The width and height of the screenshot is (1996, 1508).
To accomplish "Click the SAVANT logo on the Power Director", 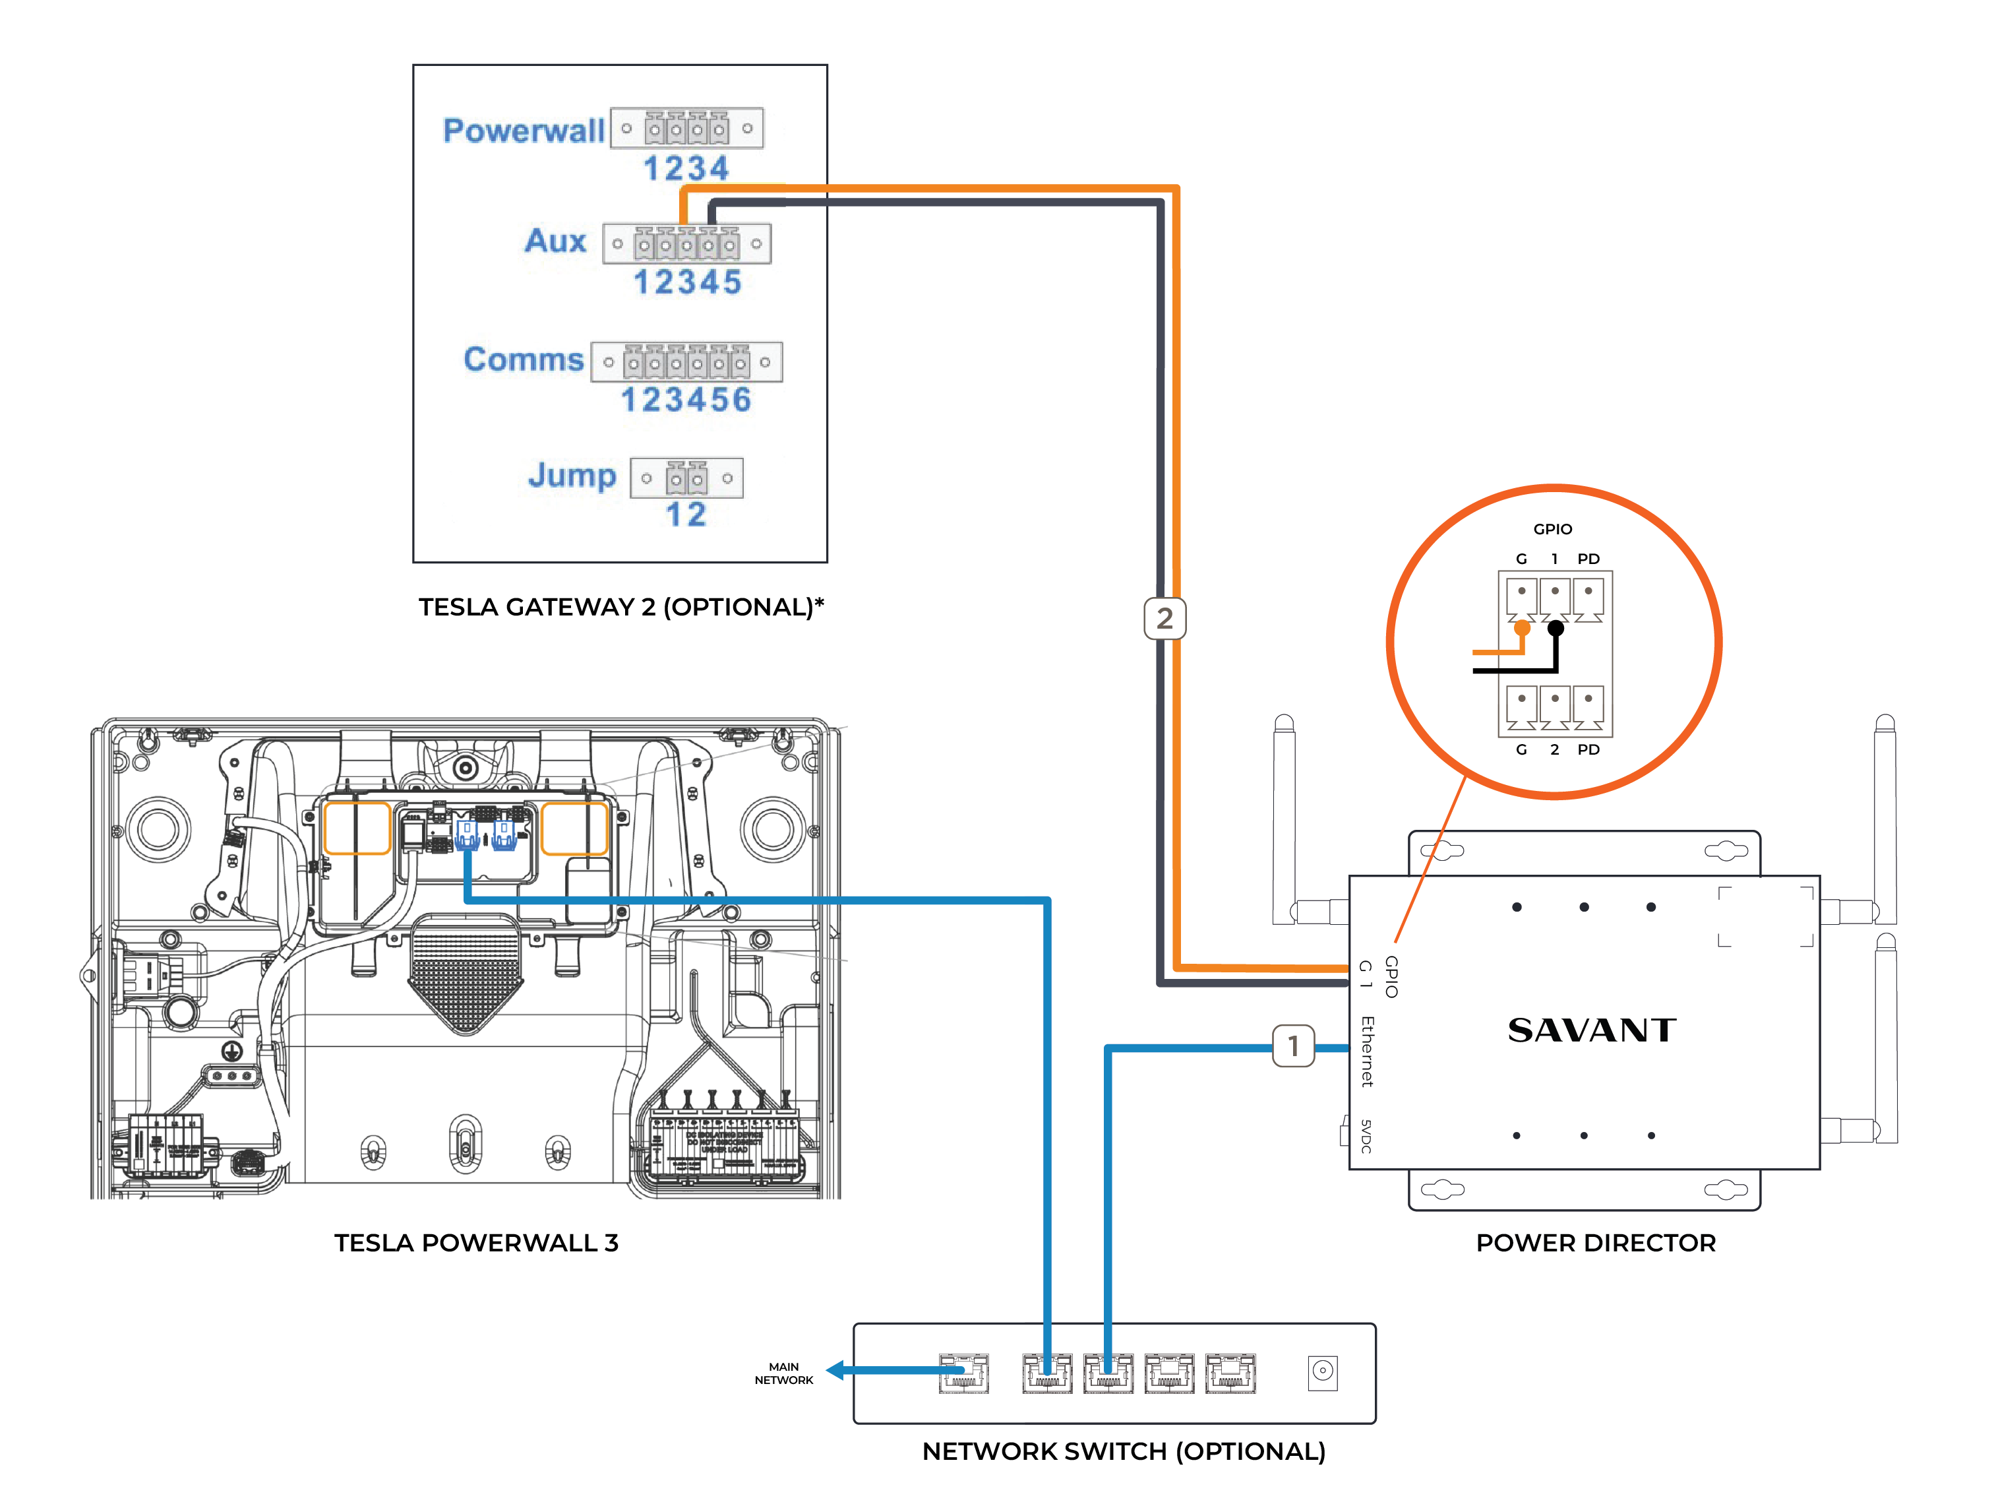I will pos(1592,1030).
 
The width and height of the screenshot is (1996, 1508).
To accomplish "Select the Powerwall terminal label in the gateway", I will pos(524,131).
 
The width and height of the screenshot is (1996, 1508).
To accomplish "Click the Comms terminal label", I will pos(524,359).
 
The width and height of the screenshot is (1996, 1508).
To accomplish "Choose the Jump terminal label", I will pos(572,475).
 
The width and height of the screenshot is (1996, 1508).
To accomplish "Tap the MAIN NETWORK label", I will pos(783,1373).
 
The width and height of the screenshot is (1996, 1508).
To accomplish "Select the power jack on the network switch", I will pos(1322,1371).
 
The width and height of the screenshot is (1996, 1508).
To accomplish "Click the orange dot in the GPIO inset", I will pos(1523,627).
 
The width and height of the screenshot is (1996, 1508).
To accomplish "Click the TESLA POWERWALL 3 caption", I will pos(477,1243).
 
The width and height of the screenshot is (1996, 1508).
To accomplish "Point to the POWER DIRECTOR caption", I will pos(1595,1243).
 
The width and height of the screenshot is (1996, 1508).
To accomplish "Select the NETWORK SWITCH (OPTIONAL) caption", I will pos(1124,1451).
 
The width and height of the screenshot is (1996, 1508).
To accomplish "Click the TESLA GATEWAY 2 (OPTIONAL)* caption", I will pos(620,606).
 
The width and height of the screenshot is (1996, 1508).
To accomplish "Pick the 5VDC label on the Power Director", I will pos(1366,1135).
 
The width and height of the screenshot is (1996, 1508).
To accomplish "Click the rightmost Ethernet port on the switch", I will pos(1230,1373).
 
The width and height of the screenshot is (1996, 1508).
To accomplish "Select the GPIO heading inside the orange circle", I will pos(1552,529).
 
